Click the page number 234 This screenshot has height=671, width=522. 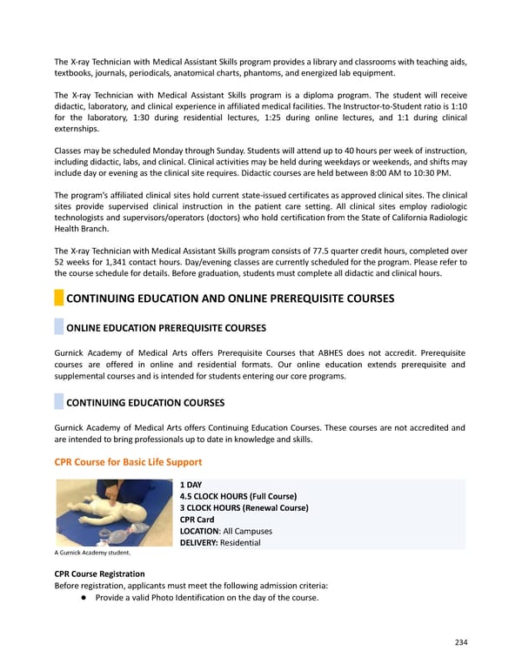coord(461,642)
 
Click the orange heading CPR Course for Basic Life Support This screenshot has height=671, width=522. coord(128,461)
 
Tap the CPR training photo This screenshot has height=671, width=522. coord(113,513)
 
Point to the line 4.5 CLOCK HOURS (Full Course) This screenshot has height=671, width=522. coord(238,496)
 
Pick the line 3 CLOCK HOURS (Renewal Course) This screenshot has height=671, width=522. coord(244,507)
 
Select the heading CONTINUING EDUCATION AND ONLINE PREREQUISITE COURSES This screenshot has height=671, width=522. coord(231,299)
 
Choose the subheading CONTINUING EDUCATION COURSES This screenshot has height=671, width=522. coord(145,403)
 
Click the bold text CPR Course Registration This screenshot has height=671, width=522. coord(99,574)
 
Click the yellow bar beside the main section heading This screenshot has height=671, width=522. coord(59,299)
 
